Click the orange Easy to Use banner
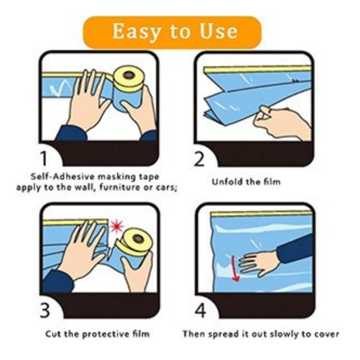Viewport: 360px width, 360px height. tap(172, 32)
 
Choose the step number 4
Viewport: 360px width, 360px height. tap(200, 311)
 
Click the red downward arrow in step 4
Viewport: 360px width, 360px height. tap(234, 268)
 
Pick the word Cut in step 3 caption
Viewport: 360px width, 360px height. tap(53, 334)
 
